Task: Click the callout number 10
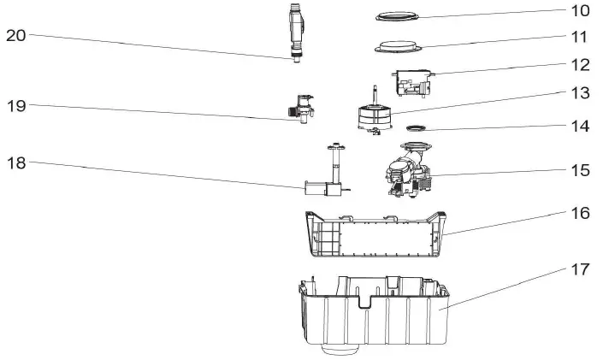click(x=580, y=11)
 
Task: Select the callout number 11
click(x=580, y=37)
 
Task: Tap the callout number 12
click(x=580, y=64)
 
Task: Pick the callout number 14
click(x=580, y=126)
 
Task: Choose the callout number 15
click(x=580, y=170)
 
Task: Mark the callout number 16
click(x=580, y=213)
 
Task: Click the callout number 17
click(x=580, y=269)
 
